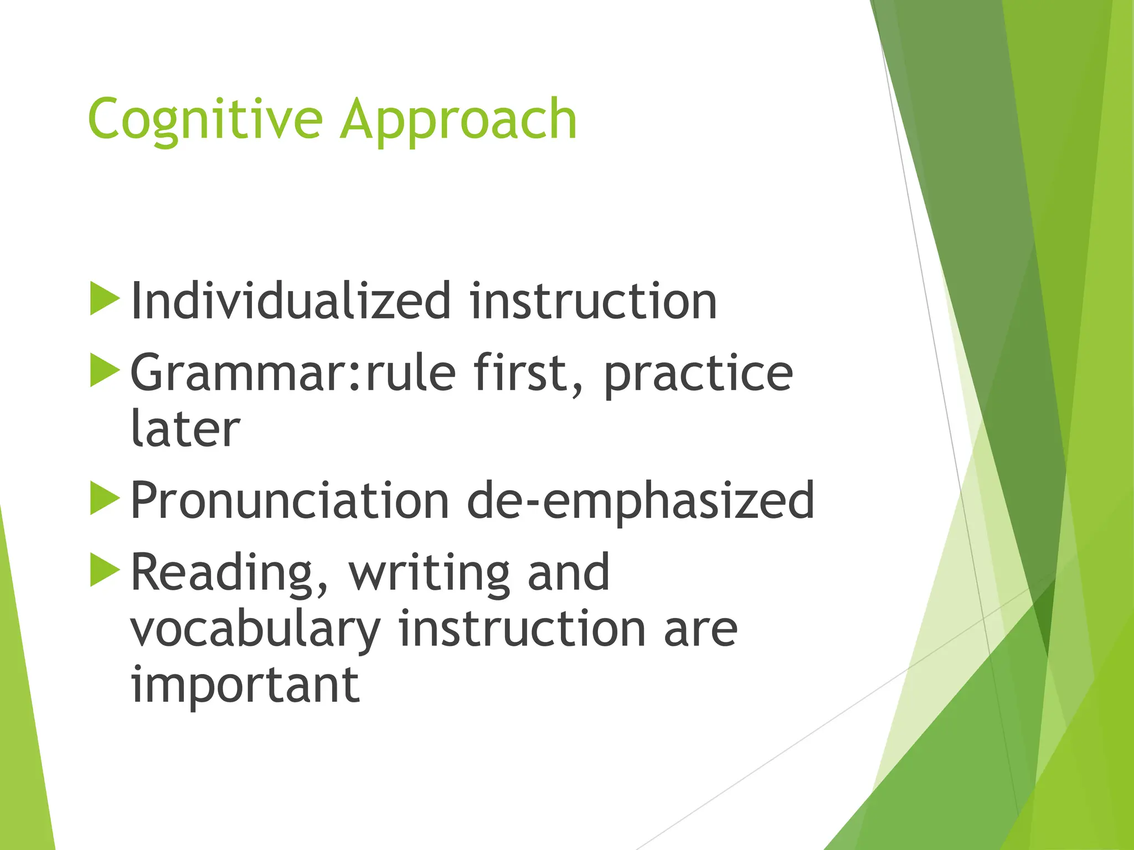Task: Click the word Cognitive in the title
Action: [x=205, y=119]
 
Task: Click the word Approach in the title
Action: [x=458, y=119]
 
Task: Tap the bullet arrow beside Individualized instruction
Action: [x=104, y=299]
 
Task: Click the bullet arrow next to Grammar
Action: [x=104, y=370]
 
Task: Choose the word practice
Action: [x=698, y=374]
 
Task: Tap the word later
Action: [x=185, y=428]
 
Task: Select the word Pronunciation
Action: [x=290, y=500]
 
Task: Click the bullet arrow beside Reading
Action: [x=104, y=570]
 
